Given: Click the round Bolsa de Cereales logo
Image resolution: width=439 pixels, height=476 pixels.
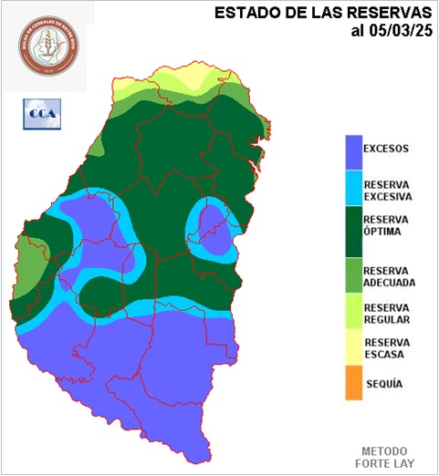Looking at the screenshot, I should click(x=48, y=47).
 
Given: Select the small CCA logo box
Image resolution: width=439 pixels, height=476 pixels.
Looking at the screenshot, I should click(x=39, y=113).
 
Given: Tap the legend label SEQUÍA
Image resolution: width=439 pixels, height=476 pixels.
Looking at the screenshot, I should click(x=383, y=384).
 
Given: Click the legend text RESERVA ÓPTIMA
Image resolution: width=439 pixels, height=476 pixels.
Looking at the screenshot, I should click(x=387, y=225).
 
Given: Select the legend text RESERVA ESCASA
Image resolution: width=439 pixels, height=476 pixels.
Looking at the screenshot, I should click(x=387, y=348).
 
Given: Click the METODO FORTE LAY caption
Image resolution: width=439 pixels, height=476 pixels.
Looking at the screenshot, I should click(x=387, y=457).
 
